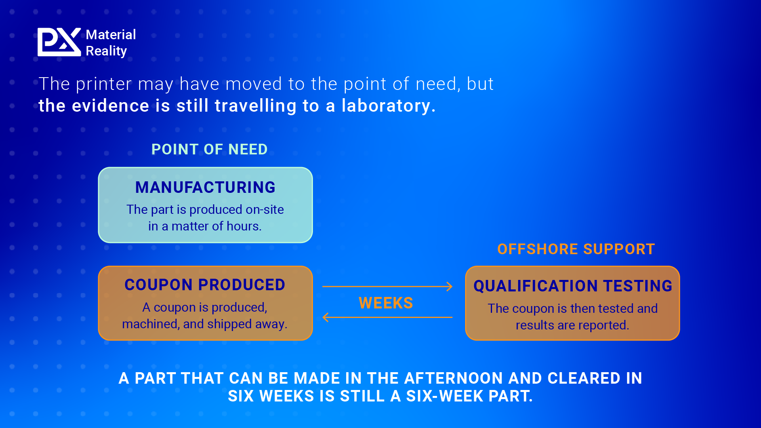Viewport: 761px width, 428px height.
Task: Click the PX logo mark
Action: pyautogui.click(x=59, y=42)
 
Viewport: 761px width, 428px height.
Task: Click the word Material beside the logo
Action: pyautogui.click(x=111, y=35)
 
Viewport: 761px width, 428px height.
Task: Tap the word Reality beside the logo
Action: pyautogui.click(x=106, y=51)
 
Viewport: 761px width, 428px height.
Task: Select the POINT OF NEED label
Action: pyautogui.click(x=210, y=149)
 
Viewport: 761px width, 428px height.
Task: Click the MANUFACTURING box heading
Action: pyautogui.click(x=205, y=187)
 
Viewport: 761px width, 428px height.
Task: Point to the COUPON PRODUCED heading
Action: pyautogui.click(x=205, y=285)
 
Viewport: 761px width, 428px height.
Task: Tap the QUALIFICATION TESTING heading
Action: pyautogui.click(x=573, y=286)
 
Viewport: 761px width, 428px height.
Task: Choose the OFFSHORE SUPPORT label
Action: pyautogui.click(x=576, y=249)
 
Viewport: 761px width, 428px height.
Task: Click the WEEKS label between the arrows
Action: pyautogui.click(x=386, y=303)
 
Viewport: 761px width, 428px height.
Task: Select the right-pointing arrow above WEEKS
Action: pyautogui.click(x=387, y=286)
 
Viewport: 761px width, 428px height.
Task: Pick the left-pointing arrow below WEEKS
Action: pyautogui.click(x=387, y=317)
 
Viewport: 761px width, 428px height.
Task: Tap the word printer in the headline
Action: pyautogui.click(x=104, y=85)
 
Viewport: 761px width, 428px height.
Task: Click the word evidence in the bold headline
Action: pyautogui.click(x=111, y=106)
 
